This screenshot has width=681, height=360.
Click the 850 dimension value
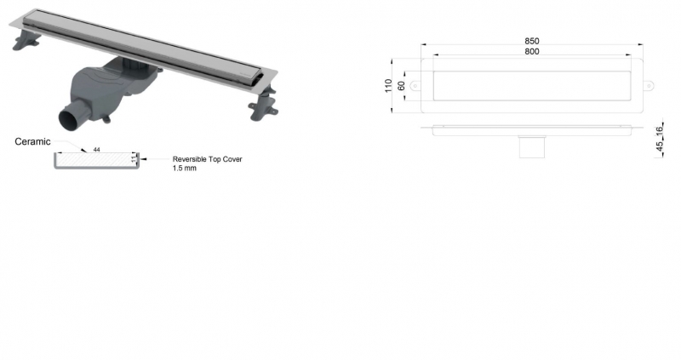[x=531, y=41]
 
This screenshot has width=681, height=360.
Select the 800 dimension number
[x=531, y=51]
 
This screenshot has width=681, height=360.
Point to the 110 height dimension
[x=388, y=86]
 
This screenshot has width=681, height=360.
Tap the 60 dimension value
[x=401, y=86]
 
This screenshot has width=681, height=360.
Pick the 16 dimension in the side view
[x=659, y=129]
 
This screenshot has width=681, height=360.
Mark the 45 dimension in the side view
[x=659, y=146]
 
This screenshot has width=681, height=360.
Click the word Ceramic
[x=32, y=141]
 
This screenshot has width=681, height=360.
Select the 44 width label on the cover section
[x=96, y=150]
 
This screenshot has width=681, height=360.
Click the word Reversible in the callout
[x=189, y=159]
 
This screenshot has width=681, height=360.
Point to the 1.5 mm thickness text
[x=184, y=168]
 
